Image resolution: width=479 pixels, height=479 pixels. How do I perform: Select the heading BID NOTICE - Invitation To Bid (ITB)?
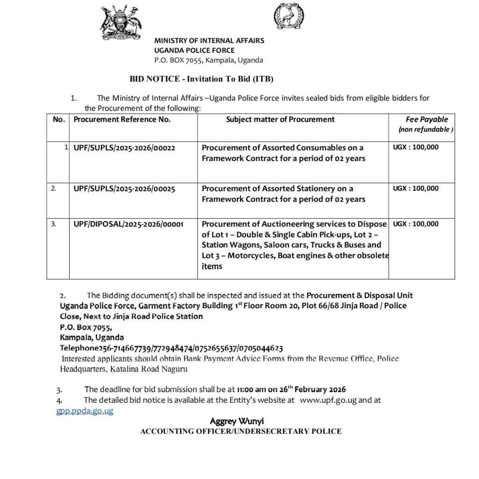point(202,79)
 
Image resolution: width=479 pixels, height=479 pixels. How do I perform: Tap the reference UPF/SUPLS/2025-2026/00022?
point(124,147)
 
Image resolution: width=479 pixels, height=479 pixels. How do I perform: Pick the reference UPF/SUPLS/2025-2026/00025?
point(124,189)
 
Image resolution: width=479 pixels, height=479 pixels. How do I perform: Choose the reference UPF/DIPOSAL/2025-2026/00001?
point(129,224)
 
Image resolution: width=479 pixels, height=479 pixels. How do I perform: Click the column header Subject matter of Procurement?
point(280,119)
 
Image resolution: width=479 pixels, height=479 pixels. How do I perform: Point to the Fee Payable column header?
point(427,119)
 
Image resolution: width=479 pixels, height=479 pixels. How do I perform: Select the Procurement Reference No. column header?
point(122,119)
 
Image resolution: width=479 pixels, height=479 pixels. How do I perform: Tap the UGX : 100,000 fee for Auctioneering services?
point(416,224)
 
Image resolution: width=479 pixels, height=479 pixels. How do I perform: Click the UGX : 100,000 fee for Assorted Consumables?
point(416,147)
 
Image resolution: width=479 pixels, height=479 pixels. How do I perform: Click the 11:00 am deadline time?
point(252,389)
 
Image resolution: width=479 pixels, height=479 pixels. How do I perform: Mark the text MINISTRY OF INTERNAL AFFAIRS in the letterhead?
point(209,41)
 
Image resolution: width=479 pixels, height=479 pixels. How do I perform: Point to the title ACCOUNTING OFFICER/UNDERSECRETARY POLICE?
point(241,431)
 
